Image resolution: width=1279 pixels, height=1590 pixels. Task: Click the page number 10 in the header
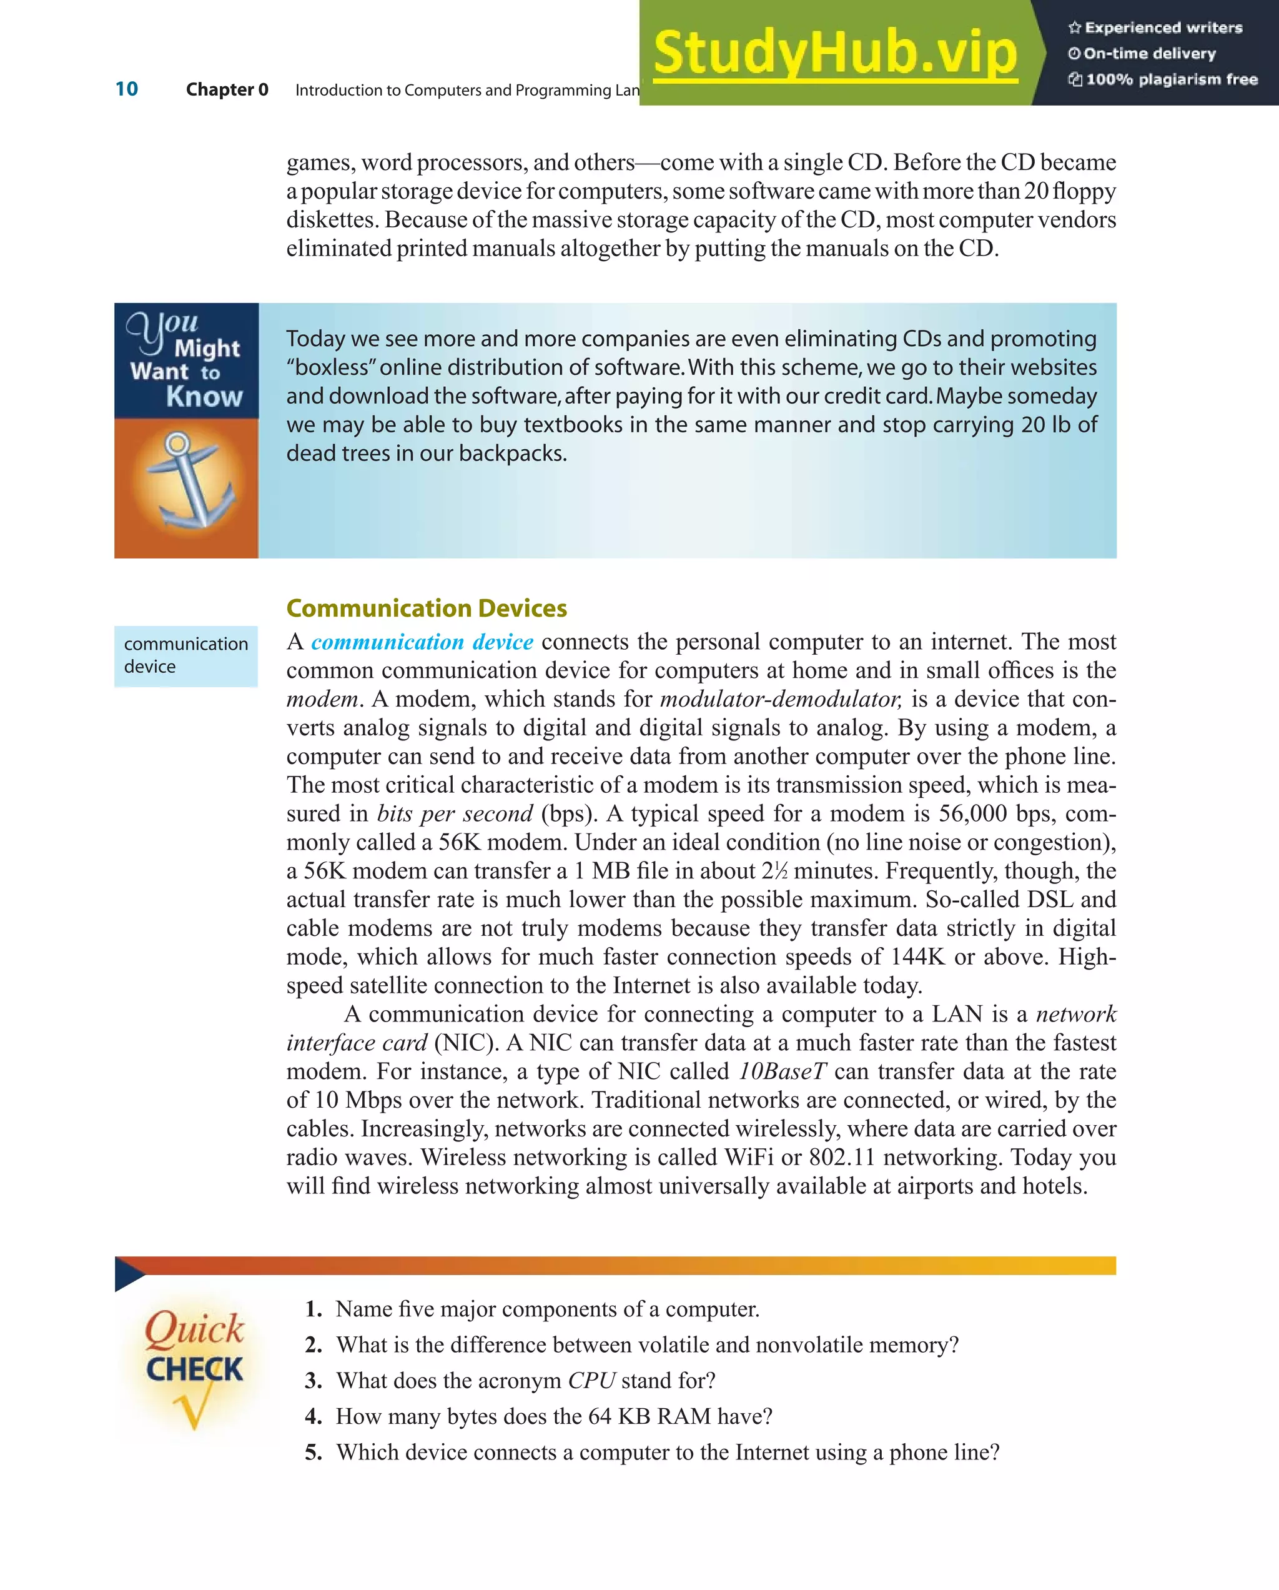coord(127,89)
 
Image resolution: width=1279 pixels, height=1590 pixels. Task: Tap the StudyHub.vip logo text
coord(834,53)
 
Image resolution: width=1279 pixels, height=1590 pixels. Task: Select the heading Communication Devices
coord(426,609)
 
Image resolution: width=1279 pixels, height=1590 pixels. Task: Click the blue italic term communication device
coord(422,642)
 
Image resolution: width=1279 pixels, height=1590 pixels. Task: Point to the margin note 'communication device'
coord(185,655)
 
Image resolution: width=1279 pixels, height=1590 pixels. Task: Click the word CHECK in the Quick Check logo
coord(194,1369)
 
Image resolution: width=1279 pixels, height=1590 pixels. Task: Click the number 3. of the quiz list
coord(314,1381)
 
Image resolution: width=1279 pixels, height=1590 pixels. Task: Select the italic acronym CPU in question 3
coord(591,1381)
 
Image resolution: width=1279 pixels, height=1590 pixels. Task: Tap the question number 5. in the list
coord(314,1452)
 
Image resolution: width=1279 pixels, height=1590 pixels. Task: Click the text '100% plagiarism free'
coord(1172,79)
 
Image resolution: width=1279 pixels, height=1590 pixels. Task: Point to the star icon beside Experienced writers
coord(1075,28)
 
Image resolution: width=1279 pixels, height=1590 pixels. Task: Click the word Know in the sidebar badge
coord(204,397)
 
